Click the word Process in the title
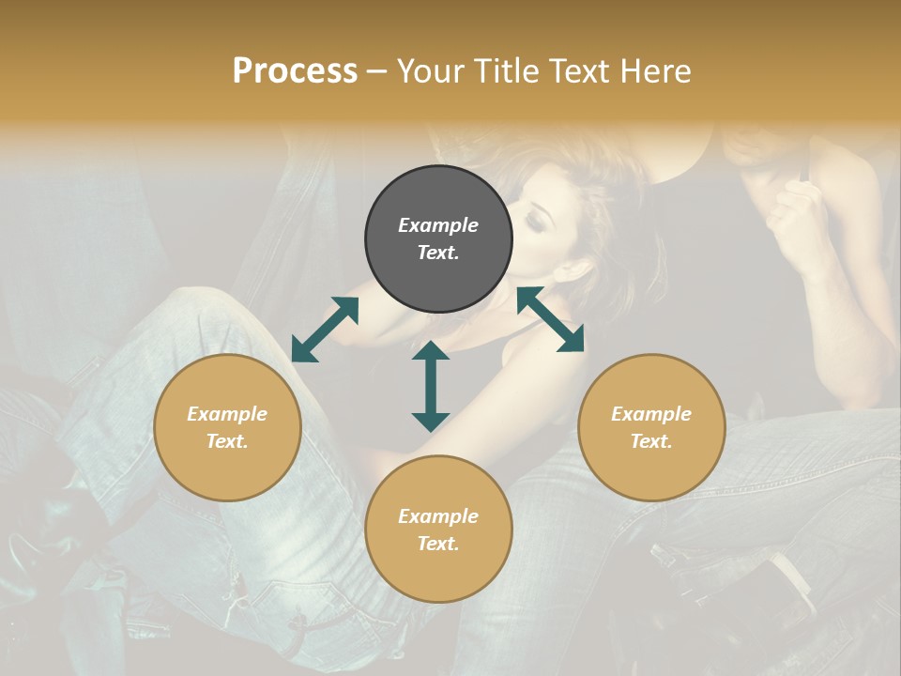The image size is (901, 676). pos(295,71)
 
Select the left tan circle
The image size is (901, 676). pos(227,427)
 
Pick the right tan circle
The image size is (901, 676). pos(651,427)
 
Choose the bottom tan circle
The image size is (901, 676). pos(438,529)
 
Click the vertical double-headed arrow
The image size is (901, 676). pos(431,386)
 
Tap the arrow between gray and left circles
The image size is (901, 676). pos(325,329)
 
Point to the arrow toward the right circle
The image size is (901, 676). pos(550,320)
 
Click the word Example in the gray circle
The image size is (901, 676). pos(438,225)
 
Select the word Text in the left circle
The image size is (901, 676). pos(227,441)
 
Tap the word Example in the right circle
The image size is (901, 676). pos(651,414)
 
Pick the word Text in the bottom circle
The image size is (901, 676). pos(438,544)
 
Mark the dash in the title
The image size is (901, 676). pos(376,72)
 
